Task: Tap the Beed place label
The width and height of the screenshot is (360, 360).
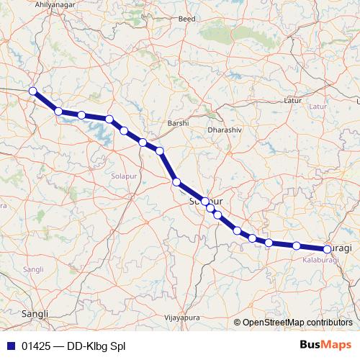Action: pyautogui.click(x=186, y=38)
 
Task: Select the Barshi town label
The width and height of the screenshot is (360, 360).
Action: pyautogui.click(x=177, y=123)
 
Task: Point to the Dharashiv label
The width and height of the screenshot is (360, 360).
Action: pyautogui.click(x=223, y=130)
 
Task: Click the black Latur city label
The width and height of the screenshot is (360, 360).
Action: pyautogui.click(x=292, y=100)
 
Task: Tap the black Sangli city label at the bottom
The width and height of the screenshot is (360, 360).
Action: pyautogui.click(x=35, y=314)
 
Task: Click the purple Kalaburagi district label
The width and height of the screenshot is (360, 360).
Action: pyautogui.click(x=320, y=258)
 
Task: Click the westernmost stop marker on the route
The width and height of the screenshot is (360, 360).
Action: pyautogui.click(x=32, y=91)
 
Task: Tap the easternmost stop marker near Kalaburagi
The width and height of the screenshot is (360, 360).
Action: pyautogui.click(x=328, y=249)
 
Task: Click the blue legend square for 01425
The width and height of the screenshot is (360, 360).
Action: pyautogui.click(x=9, y=345)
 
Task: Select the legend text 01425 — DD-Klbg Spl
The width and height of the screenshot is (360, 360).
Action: pyautogui.click(x=73, y=345)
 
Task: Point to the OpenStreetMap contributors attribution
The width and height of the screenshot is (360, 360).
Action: pyautogui.click(x=297, y=322)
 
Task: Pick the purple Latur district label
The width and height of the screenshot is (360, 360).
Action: pyautogui.click(x=318, y=107)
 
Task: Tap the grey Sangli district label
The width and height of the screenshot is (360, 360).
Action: pyautogui.click(x=33, y=269)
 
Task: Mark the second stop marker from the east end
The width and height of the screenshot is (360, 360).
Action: pyautogui.click(x=297, y=246)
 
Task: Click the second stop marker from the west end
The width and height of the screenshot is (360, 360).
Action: pyautogui.click(x=58, y=111)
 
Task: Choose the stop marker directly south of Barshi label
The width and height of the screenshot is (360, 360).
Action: pyautogui.click(x=176, y=182)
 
